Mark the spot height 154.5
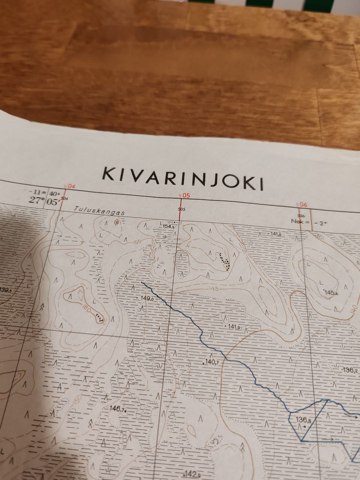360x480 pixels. point(169,226)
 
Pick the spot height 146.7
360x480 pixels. point(117,409)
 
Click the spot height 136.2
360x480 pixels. point(349,370)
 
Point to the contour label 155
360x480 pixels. point(137,242)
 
